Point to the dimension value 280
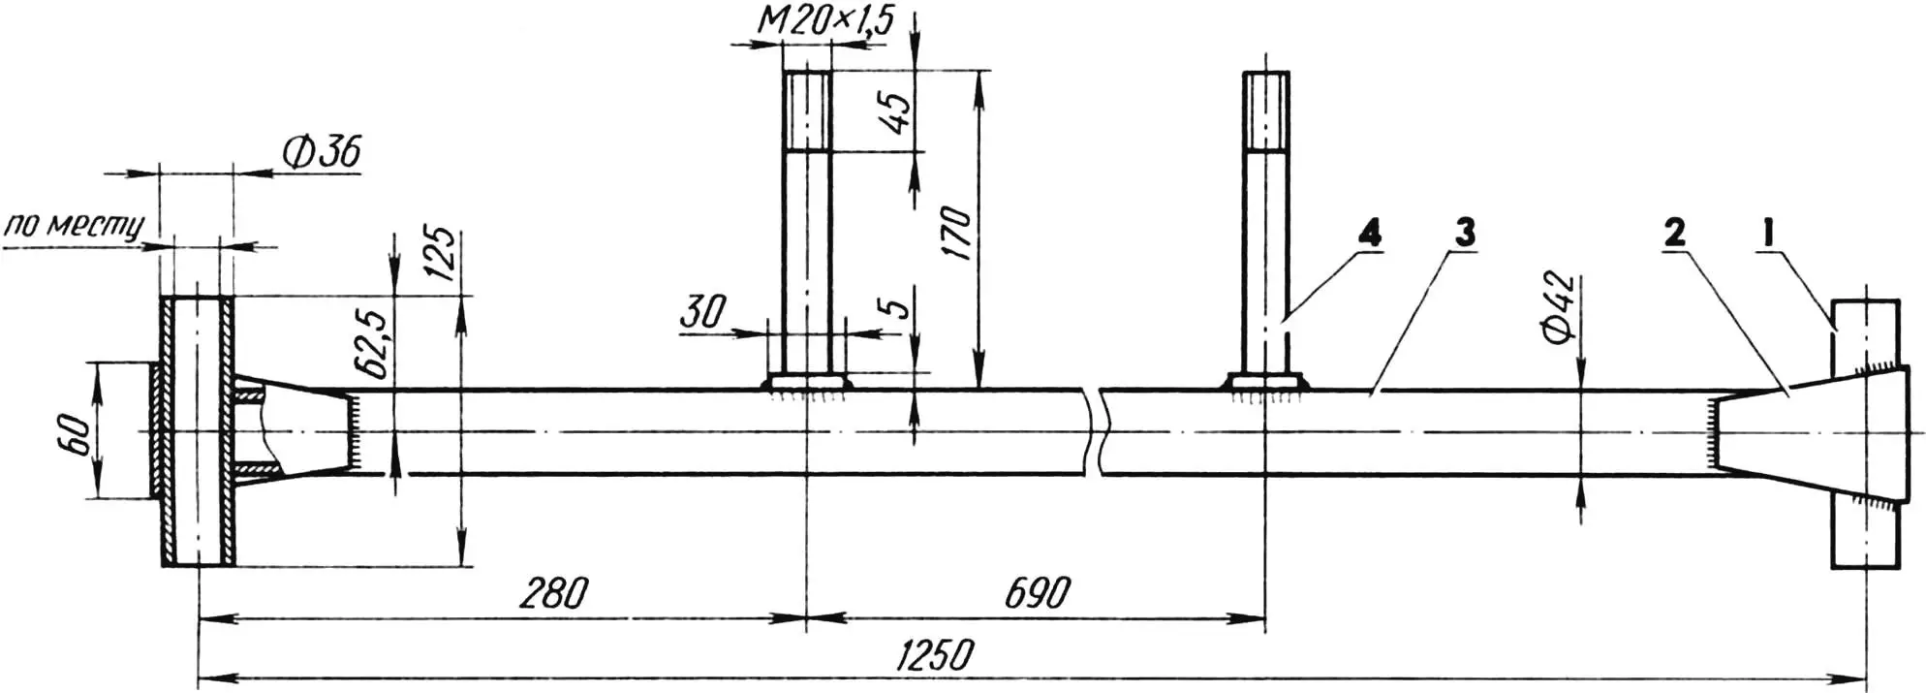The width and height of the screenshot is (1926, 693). pos(552,593)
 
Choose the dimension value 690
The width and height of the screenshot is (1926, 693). pos(1038,593)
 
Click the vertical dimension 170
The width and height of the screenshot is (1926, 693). pos(956,233)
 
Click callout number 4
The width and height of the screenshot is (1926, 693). pos(1369,233)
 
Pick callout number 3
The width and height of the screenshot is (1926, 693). pos(1464,233)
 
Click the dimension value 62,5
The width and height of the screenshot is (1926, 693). pos(376,344)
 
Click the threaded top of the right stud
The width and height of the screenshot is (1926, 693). pos(1266,110)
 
